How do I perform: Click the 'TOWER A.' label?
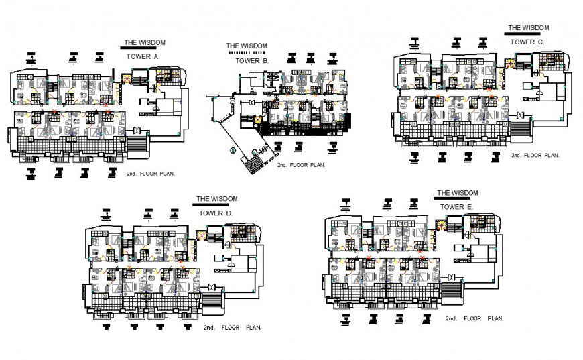[143, 57]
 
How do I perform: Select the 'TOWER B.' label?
[252, 61]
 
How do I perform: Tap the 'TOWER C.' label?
[527, 42]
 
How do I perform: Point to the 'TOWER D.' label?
[216, 213]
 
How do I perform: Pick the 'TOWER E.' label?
[456, 207]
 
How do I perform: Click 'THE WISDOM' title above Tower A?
[144, 42]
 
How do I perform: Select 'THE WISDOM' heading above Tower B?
[247, 46]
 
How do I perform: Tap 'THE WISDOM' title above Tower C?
[528, 28]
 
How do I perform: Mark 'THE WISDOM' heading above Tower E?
[458, 192]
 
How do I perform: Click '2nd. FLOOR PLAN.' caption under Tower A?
[151, 173]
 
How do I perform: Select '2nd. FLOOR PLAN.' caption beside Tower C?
[535, 155]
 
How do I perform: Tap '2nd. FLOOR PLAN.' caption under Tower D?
[233, 328]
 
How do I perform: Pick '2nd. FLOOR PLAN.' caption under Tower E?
[474, 319]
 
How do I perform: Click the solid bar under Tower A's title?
[143, 48]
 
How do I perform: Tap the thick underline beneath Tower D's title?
[216, 205]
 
